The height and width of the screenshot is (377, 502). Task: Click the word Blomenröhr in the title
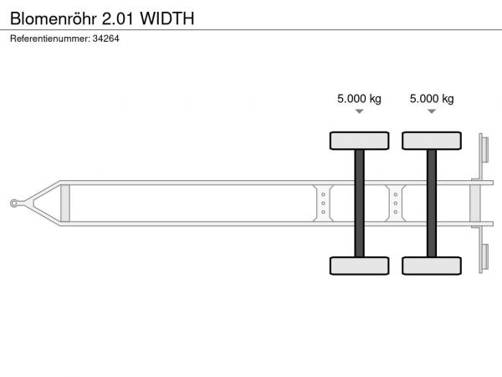(x=54, y=18)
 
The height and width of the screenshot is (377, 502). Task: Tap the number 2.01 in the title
(x=117, y=18)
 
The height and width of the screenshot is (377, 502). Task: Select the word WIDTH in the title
(x=167, y=18)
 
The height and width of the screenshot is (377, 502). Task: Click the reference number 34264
(x=106, y=39)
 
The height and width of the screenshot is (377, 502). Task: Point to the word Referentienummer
(x=50, y=39)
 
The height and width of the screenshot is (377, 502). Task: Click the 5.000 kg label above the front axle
(x=359, y=98)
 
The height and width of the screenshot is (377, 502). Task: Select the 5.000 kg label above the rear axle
(x=432, y=98)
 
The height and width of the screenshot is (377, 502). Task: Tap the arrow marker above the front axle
(x=360, y=111)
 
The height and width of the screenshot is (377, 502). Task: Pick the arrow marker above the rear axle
(x=432, y=111)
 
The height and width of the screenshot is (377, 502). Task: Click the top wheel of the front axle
(x=360, y=141)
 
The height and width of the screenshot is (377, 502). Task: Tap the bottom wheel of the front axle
(x=360, y=266)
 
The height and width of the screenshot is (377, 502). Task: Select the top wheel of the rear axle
(x=432, y=141)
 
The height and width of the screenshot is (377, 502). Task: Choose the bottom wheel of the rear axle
(x=432, y=266)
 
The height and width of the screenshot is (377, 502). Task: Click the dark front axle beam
(x=360, y=204)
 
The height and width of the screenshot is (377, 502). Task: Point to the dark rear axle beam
(x=432, y=204)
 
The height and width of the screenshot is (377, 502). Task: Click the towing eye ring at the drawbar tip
(x=14, y=204)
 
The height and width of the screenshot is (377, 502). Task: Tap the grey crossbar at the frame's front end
(x=65, y=204)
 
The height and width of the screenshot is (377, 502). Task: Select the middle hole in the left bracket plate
(x=323, y=204)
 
